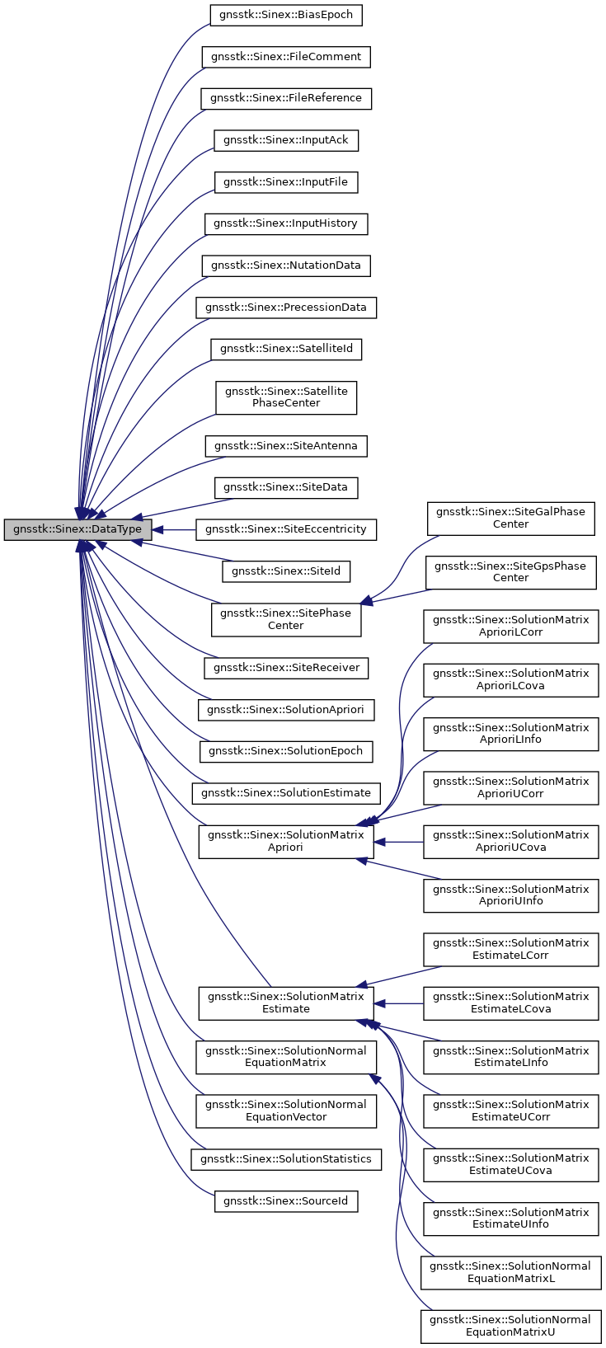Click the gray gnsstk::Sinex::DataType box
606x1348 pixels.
pyautogui.click(x=78, y=529)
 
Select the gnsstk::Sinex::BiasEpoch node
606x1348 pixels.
pyautogui.click(x=286, y=15)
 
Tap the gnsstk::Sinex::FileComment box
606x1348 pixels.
pyautogui.click(x=286, y=57)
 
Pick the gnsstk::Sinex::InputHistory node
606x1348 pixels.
pyautogui.click(x=286, y=223)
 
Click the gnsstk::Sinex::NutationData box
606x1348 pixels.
pyautogui.click(x=286, y=265)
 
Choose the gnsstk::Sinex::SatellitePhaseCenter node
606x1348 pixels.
pyautogui.click(x=286, y=397)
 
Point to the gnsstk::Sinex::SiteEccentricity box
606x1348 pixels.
pyautogui.click(x=286, y=529)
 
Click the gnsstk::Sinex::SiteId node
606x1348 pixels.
pyautogui.click(x=286, y=571)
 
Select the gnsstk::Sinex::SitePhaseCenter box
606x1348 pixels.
pyautogui.click(x=286, y=619)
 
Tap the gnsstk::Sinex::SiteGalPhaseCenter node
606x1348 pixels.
pyautogui.click(x=510, y=518)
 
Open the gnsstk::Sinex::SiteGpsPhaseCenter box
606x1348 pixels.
pyautogui.click(x=510, y=572)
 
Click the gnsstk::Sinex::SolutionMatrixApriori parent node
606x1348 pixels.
pyautogui.click(x=286, y=841)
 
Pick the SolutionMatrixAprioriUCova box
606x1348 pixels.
pyautogui.click(x=510, y=841)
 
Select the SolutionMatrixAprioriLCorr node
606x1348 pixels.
pyautogui.click(x=510, y=626)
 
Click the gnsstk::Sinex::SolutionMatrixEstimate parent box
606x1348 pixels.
pyautogui.click(x=286, y=1003)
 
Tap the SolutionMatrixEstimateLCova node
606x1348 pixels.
pyautogui.click(x=510, y=1003)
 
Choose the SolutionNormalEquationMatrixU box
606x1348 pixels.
pyautogui.click(x=510, y=1326)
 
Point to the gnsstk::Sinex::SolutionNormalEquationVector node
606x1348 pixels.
pyautogui.click(x=286, y=1111)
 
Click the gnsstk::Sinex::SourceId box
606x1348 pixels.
pyautogui.click(x=286, y=1201)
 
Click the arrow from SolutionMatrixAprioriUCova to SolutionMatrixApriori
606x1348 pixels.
pyautogui.click(x=399, y=842)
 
